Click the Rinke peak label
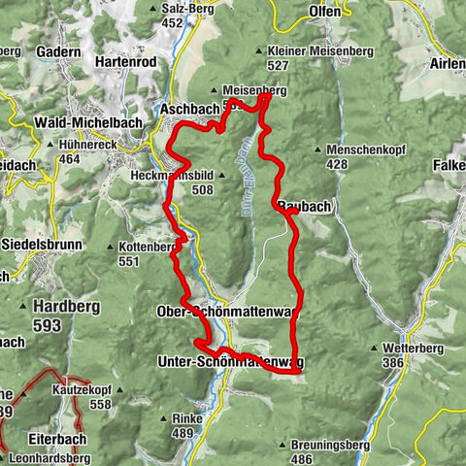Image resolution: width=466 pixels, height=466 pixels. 185,418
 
